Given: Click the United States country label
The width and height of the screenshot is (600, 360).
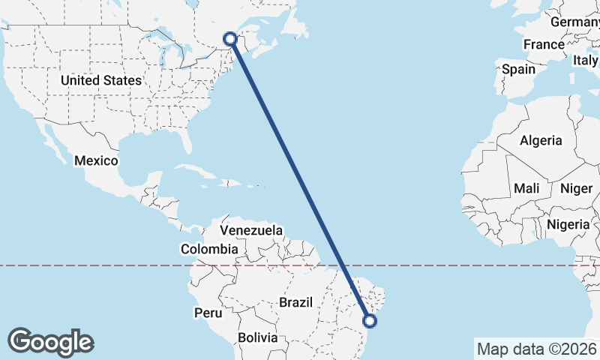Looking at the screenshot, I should pos(101,80).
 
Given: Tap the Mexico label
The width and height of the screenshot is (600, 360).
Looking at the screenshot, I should pos(96,160).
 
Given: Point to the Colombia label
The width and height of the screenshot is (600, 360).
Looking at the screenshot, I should pos(209,249).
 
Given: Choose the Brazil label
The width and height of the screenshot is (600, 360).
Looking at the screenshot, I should pos(295,302).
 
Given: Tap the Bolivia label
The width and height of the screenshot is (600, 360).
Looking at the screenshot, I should pos(257,337).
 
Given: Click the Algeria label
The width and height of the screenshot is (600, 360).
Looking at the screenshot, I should pos(541,140).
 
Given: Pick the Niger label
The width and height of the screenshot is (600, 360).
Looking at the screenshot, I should pos(577,188).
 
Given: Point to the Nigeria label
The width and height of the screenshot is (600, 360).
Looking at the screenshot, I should pos(568,223).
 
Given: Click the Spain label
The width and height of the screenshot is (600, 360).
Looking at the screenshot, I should pos(519,69).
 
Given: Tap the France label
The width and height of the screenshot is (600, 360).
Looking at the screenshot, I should pos(544,45).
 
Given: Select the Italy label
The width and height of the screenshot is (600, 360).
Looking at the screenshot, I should pos(585,60).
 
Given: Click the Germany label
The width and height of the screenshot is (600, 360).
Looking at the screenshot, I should pos(575,22).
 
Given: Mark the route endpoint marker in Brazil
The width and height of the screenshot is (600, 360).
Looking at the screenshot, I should pos(370,321).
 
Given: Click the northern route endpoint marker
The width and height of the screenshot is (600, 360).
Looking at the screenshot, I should pos(231,39).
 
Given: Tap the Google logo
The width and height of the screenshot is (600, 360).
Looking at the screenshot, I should pos(50,341).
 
